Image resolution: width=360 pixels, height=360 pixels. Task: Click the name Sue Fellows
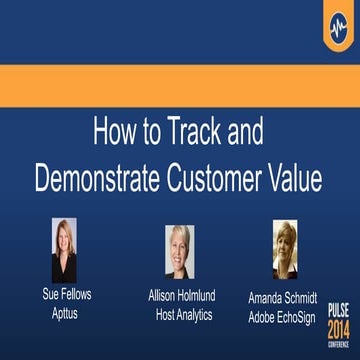coord(65,297)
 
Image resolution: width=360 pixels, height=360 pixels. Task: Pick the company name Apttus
coord(65,313)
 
